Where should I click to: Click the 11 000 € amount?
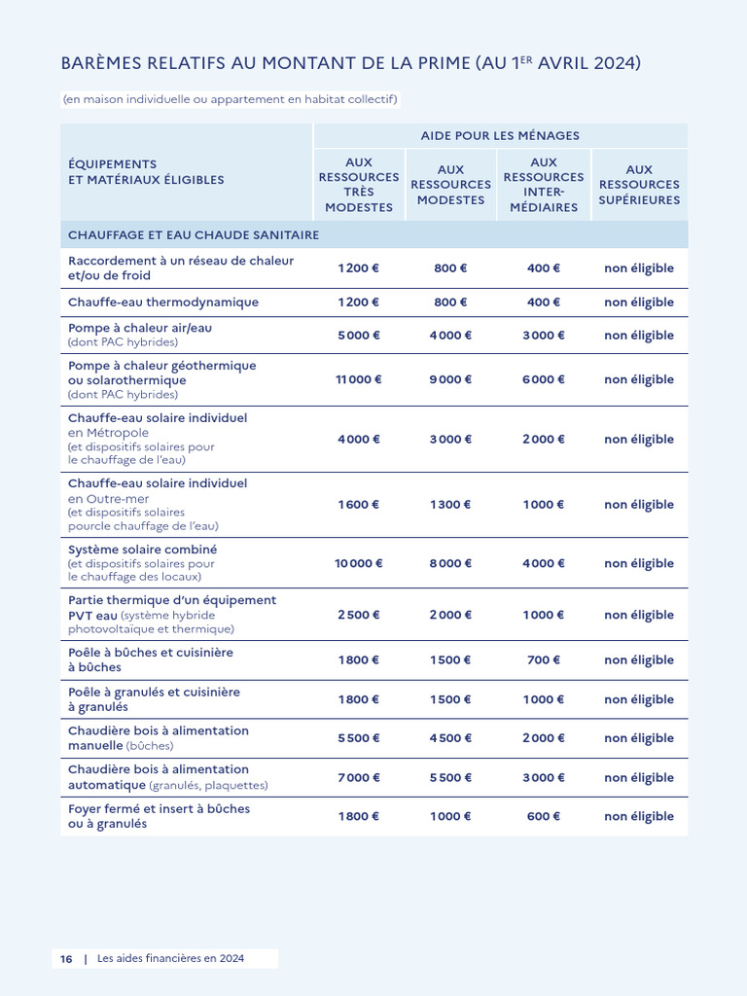pos(359,379)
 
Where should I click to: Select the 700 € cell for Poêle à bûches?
pos(543,659)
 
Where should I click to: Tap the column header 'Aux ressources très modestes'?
pos(359,185)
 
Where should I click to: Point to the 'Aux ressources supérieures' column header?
pos(639,185)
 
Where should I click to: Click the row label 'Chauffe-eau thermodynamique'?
pos(163,302)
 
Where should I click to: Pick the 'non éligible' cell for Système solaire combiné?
pos(639,563)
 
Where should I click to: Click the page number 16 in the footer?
pos(66,958)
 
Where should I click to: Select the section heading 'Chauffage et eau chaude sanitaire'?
pos(194,235)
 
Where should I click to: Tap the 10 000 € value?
pos(359,563)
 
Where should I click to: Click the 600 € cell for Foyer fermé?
pos(543,816)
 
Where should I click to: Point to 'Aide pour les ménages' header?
pos(500,135)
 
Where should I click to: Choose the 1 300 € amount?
pos(450,505)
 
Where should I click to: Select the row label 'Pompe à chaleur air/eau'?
pos(140,329)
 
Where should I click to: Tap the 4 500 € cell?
pos(450,738)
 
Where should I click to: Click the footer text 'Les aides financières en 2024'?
pos(171,958)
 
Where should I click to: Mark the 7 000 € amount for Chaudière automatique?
pos(359,777)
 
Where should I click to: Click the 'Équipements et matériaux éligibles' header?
pos(146,172)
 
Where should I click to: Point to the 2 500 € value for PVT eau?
pos(359,615)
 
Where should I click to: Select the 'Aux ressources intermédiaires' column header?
pos(543,185)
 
